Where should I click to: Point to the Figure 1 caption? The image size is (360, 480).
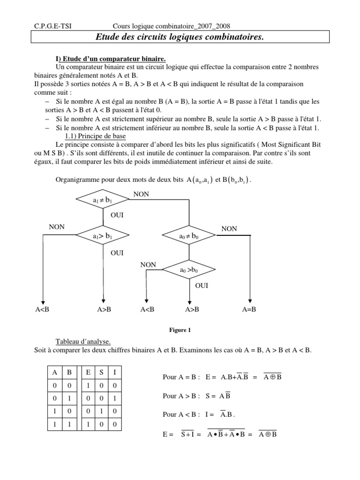[x=180, y=330]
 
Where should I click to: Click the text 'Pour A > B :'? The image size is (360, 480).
[x=181, y=396]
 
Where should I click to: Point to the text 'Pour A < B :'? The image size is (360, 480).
[x=181, y=415]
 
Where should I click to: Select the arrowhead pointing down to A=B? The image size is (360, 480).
[x=250, y=302]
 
